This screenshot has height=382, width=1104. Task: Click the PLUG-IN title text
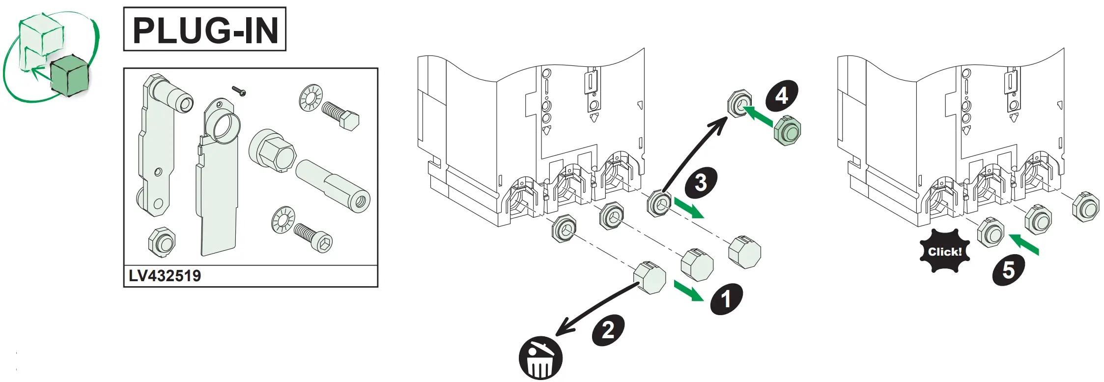point(205,29)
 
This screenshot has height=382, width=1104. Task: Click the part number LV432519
point(165,276)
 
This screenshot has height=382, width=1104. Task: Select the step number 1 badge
point(726,299)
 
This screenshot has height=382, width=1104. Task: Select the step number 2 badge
point(608,330)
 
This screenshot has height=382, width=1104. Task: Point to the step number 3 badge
point(701,182)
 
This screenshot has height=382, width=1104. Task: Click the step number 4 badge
point(782,95)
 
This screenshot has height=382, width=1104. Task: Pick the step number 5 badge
point(1008,270)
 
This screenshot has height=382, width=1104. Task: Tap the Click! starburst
point(944,252)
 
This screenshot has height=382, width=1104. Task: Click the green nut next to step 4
point(788,130)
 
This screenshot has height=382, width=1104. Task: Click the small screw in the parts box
point(239,90)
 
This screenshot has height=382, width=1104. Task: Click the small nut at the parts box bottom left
point(162,241)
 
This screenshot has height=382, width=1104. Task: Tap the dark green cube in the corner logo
point(69,76)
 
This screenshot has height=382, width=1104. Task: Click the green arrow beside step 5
point(1024,244)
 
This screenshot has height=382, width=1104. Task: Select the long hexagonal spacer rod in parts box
point(333,186)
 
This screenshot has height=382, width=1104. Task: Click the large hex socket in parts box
point(273,150)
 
